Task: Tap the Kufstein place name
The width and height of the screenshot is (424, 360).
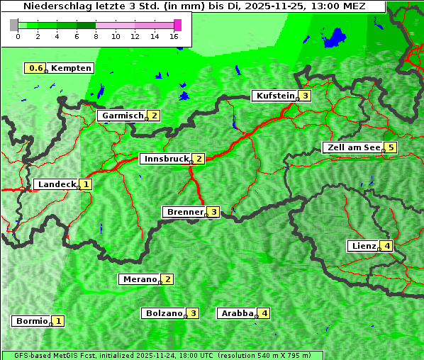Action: tap(274, 96)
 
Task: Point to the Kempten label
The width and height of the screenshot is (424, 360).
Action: tap(71, 68)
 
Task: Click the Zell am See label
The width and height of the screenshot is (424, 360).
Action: tap(352, 147)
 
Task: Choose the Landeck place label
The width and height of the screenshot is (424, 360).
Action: tap(56, 184)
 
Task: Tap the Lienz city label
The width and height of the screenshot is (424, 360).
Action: tap(362, 246)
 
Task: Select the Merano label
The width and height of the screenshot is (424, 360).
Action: tap(139, 279)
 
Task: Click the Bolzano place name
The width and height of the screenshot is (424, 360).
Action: tap(164, 313)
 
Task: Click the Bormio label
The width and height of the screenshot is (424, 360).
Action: tap(31, 321)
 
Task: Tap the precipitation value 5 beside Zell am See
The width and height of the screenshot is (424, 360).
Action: tap(390, 147)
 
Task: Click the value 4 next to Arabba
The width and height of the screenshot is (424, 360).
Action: tap(264, 313)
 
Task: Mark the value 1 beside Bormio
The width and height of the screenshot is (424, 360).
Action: tap(58, 321)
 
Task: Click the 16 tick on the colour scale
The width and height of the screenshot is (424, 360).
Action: tap(174, 36)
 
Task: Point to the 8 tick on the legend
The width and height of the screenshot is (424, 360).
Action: tap(96, 36)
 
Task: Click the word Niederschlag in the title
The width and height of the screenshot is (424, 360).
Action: tap(53, 6)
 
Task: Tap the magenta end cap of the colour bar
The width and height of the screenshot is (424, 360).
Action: tap(177, 25)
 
